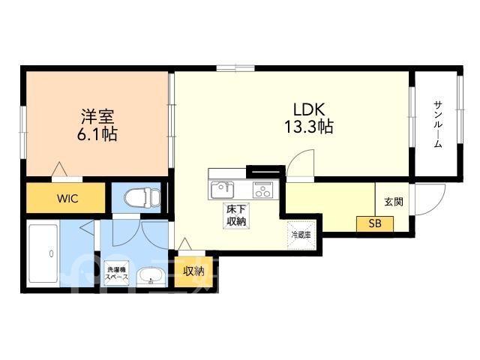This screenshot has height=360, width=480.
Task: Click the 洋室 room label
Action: coord(97,116)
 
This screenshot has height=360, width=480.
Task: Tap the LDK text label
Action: coord(309,109)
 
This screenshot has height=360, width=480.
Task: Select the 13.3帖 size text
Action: coord(309,127)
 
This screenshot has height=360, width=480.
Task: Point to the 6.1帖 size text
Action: coord(97,133)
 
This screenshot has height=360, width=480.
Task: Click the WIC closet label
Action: coord(67,199)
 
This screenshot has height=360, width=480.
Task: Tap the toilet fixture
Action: coord(142,197)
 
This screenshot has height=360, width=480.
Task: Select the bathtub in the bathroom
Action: coord(43,253)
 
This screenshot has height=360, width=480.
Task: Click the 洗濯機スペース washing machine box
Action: coord(117,273)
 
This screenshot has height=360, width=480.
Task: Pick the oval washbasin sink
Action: coord(151,277)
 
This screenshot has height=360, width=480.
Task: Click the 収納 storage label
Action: coord(193,271)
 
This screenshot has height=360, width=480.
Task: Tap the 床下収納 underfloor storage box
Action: coord(236,215)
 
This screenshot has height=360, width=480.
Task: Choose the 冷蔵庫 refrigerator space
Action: coord(301,235)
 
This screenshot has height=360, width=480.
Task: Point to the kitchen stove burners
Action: coord(262,190)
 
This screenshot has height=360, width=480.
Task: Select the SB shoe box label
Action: coord(375,223)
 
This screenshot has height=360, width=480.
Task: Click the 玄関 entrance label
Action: coord(394,202)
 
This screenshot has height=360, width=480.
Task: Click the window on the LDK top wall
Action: coord(235,68)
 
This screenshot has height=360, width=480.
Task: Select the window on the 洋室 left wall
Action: coord(22,132)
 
